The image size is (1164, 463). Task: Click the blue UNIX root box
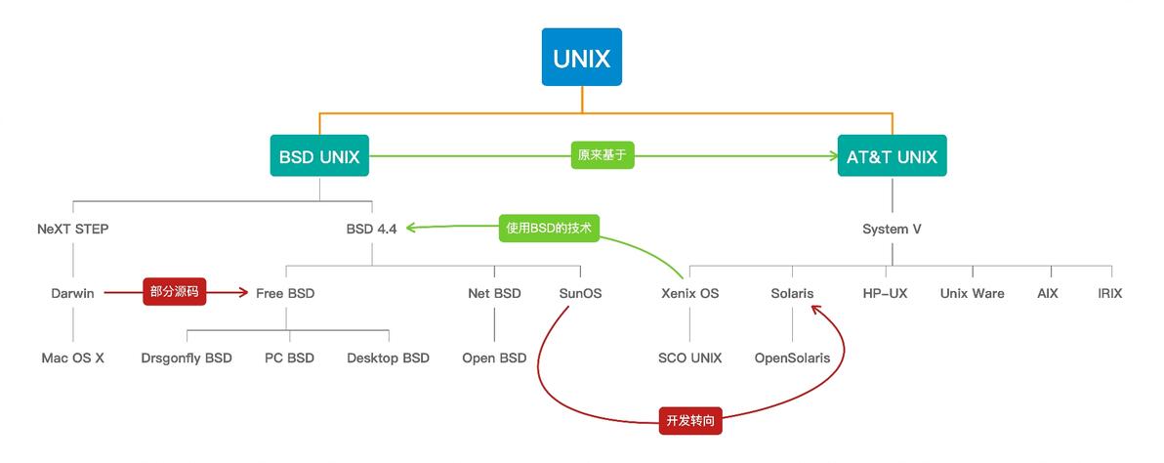tap(582, 58)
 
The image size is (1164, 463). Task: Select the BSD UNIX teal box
tap(319, 156)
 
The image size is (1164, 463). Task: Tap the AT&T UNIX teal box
tap(892, 156)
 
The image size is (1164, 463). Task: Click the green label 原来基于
tap(603, 156)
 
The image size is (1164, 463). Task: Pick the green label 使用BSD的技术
tap(549, 228)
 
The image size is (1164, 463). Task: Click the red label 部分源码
tap(172, 292)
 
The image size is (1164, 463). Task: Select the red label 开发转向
tap(690, 420)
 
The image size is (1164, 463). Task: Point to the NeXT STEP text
tap(73, 230)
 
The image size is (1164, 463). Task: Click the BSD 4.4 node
tap(371, 230)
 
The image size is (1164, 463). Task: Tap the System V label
tap(892, 230)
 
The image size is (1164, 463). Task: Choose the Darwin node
tap(73, 293)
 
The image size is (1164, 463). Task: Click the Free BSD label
tap(285, 293)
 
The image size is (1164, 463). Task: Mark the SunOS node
tap(580, 293)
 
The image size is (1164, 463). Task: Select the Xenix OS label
tap(689, 293)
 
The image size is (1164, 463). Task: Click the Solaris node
tap(792, 293)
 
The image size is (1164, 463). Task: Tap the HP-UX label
tap(885, 293)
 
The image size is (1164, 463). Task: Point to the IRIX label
tap(1109, 293)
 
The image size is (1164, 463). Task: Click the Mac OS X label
tap(73, 358)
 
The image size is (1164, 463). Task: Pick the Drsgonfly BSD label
tap(187, 358)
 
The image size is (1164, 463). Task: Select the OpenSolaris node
tap(792, 358)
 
